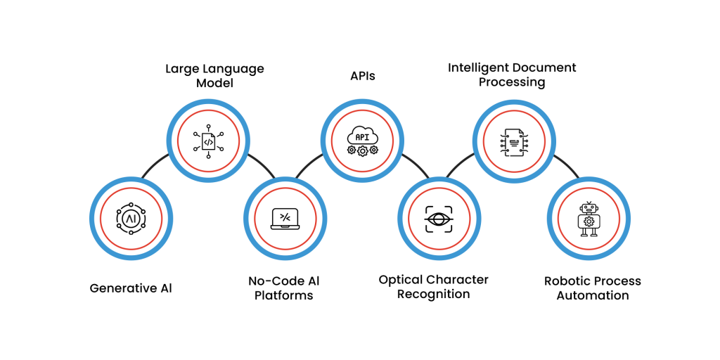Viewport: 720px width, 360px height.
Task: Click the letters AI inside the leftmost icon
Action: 131,219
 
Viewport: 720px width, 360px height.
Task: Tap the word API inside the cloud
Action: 362,137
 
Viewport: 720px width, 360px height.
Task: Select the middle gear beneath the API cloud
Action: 363,151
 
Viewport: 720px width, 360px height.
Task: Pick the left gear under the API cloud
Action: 352,150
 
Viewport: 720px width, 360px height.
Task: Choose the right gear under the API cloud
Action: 373,150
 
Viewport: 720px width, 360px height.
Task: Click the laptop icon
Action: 285,219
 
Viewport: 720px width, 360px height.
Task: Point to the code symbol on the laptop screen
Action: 285,217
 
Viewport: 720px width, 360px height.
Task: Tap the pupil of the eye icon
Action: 439,219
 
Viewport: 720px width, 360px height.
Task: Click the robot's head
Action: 589,209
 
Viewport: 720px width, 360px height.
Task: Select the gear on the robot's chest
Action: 589,221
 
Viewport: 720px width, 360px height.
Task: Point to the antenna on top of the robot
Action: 589,202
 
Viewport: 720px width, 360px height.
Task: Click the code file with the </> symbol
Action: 208,141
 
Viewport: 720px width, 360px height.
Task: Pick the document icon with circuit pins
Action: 514,142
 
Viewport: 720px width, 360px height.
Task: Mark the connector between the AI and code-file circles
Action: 155,165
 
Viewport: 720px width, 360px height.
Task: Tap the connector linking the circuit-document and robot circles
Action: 567,165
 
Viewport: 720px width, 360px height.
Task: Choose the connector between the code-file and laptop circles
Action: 262,165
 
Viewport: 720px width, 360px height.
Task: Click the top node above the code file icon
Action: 208,127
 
